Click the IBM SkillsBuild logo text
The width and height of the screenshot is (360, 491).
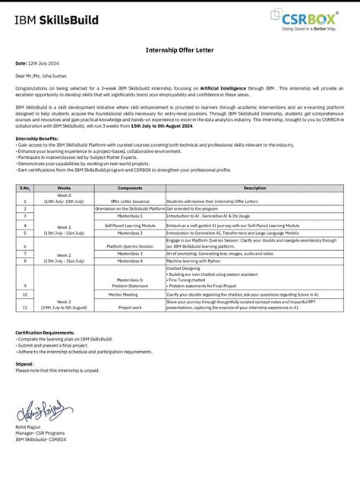(56, 20)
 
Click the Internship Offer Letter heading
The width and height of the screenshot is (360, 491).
(180, 49)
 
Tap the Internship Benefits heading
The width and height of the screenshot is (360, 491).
(36, 139)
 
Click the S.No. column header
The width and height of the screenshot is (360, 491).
(24, 187)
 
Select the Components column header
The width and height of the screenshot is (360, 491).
(130, 187)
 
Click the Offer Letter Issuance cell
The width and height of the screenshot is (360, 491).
(130, 200)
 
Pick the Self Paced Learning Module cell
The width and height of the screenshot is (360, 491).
(130, 225)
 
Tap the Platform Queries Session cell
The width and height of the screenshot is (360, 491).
(130, 246)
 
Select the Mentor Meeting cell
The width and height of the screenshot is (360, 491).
(130, 293)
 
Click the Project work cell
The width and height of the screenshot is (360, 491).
(130, 307)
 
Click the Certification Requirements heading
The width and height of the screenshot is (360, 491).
(45, 332)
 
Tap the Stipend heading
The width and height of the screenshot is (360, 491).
(25, 364)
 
